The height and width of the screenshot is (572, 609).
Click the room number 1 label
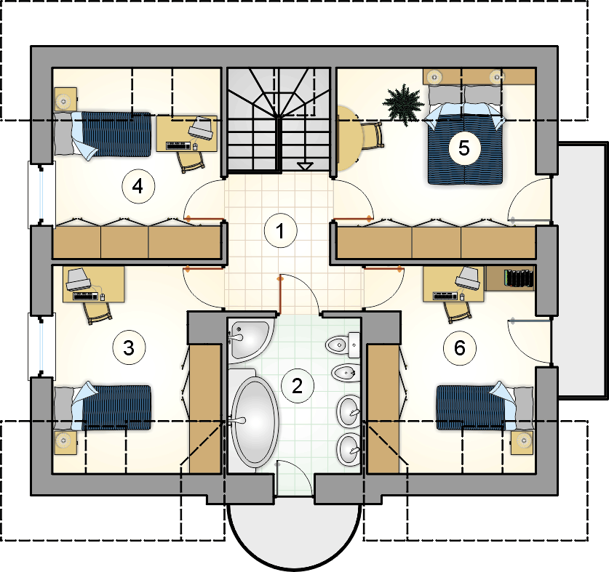point(280,231)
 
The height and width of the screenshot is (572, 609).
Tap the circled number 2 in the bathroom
point(297,386)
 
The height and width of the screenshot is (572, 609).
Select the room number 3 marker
point(129,347)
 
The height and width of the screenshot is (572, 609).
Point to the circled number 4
point(138,187)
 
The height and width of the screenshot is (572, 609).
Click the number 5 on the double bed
point(464,148)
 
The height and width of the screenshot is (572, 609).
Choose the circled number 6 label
point(460,348)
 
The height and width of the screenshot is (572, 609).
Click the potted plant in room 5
point(403,104)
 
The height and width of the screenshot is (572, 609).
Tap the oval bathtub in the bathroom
point(255,422)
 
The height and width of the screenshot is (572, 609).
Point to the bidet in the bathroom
point(346,373)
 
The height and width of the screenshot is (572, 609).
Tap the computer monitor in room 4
point(202,127)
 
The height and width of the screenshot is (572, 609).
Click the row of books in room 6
point(519,278)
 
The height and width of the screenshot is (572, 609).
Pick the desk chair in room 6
point(458,311)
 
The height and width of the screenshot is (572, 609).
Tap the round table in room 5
point(349,139)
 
